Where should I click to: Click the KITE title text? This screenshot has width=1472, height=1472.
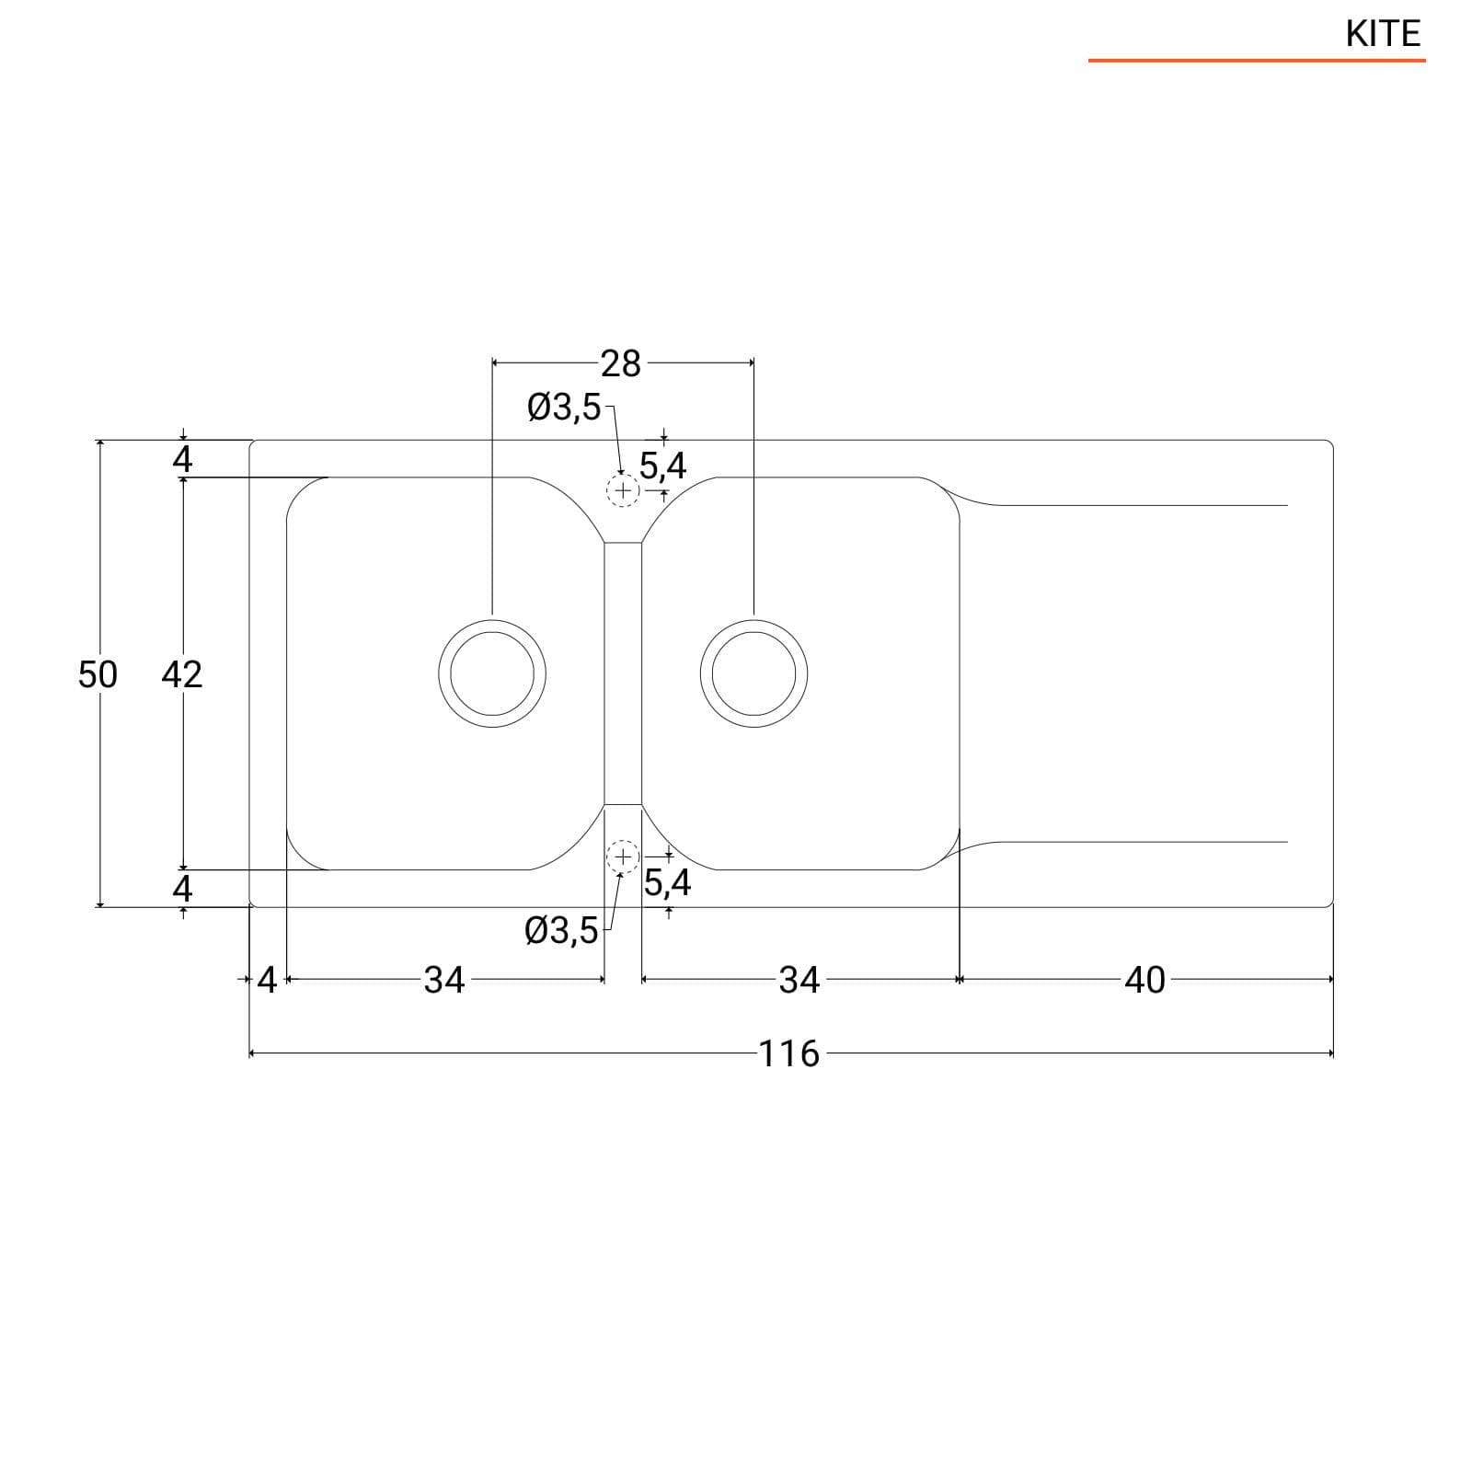[1383, 34]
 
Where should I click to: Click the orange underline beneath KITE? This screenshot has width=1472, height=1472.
[1257, 61]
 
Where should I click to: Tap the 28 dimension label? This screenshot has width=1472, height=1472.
[621, 363]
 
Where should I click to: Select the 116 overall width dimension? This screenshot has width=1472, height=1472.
[789, 1053]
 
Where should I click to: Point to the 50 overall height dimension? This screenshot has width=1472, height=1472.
[98, 674]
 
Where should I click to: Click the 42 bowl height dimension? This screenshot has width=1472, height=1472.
[181, 674]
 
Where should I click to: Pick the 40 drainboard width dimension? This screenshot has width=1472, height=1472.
[1145, 980]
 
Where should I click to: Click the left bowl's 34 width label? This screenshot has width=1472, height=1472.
[444, 980]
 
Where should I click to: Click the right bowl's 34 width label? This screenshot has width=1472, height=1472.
[799, 980]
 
